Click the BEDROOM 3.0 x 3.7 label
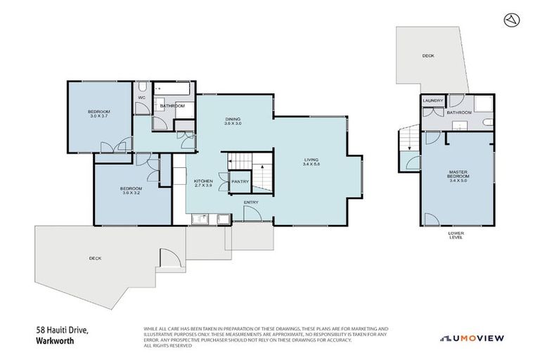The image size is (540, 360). point(98,115)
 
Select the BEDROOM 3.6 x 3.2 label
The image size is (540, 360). point(131,191)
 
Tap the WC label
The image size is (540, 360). point(141,98)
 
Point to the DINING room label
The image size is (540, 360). point(233,122)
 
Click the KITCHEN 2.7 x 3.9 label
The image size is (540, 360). point(203,184)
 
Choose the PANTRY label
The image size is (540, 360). point(240,182)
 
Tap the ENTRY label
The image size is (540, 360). point(251,202)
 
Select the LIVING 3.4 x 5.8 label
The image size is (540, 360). point(311,162)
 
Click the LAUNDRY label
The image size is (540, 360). point(432,101)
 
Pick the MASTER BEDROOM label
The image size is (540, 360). point(458,175)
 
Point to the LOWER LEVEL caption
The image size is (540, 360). point(456,236)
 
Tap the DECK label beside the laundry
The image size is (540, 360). point(427,56)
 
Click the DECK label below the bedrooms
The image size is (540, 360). point(95,259)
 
